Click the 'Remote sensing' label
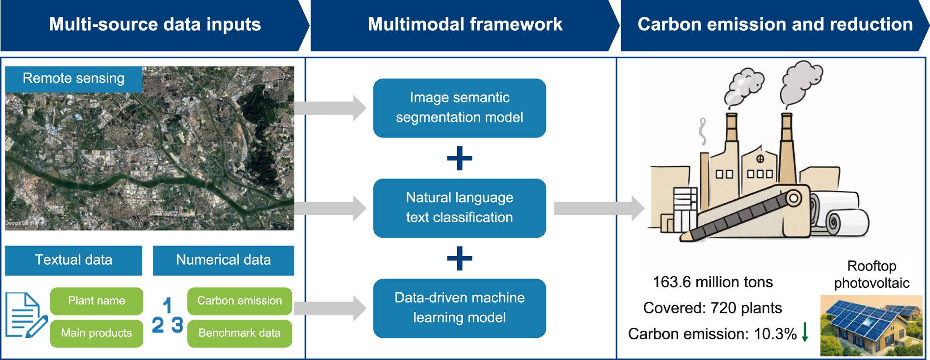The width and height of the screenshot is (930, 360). [74, 79]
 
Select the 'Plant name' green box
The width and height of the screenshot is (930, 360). [96, 301]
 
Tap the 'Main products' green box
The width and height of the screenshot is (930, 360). [96, 333]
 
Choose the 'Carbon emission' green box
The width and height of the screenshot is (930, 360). [239, 301]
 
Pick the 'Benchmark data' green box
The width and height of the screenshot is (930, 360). [239, 333]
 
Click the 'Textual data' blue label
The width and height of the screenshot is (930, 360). [74, 260]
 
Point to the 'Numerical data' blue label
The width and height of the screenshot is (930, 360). [223, 260]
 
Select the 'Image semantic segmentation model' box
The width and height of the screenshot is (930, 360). [459, 108]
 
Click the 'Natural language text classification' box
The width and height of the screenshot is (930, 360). [459, 208]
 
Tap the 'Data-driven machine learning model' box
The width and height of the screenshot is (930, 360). [459, 308]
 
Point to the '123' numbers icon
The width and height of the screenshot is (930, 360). [168, 316]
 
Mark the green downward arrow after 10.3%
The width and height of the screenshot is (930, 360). [805, 332]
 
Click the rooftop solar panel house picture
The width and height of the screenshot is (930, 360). [871, 326]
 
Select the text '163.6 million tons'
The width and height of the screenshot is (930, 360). [713, 282]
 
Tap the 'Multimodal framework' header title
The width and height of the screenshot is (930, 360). [465, 24]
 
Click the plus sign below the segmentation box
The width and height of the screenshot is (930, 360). [459, 158]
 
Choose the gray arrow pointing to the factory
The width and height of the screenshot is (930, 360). [599, 208]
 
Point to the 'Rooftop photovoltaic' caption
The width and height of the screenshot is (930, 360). [872, 274]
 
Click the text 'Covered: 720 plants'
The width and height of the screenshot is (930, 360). [712, 308]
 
